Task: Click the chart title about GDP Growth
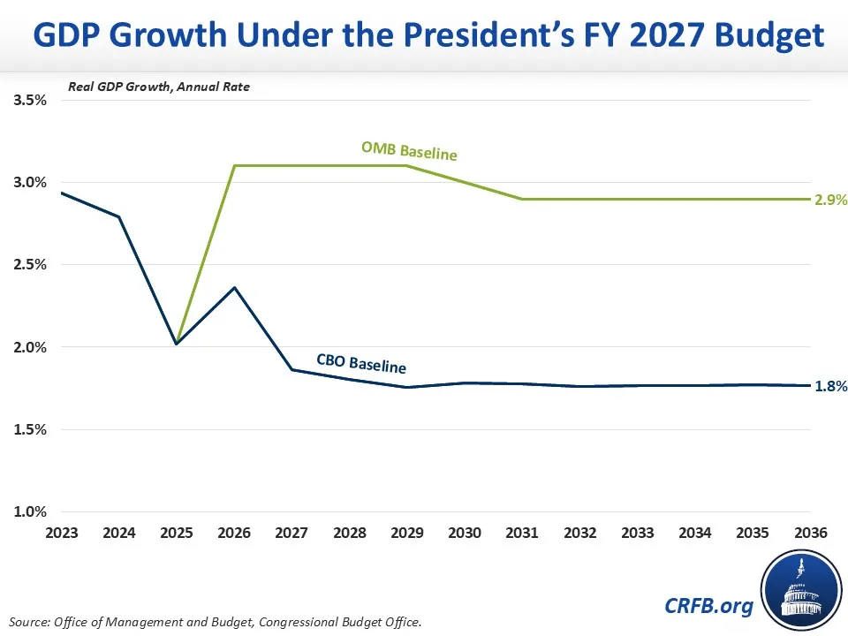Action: (x=424, y=35)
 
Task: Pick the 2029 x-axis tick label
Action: (x=407, y=534)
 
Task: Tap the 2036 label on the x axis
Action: (x=811, y=534)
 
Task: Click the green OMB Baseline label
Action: (x=409, y=151)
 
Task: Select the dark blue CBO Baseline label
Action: (x=361, y=362)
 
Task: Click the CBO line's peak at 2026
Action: (x=234, y=287)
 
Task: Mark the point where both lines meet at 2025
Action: (x=177, y=343)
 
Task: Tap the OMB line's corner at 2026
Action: (x=234, y=166)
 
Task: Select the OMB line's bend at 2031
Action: (x=522, y=199)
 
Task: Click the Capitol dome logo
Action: (x=800, y=590)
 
